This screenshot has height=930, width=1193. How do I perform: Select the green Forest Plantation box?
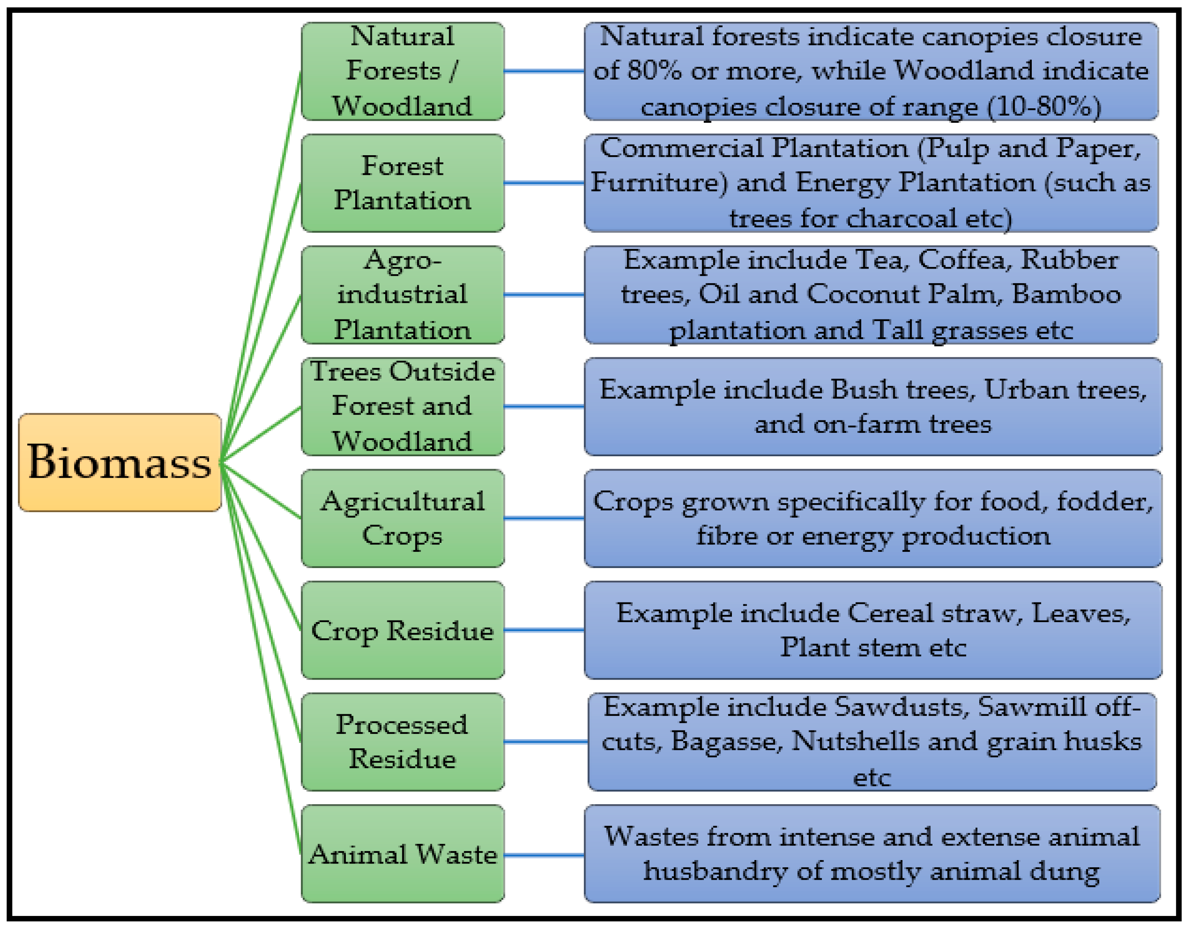[x=403, y=183]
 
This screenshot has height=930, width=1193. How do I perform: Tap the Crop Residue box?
[x=403, y=630]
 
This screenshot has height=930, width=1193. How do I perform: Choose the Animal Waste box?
[x=403, y=854]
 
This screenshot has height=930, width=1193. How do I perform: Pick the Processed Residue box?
[x=403, y=742]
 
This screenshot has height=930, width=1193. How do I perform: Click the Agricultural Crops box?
[x=403, y=518]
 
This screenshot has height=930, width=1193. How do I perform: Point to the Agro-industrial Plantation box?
[x=403, y=295]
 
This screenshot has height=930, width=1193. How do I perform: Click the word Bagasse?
[x=726, y=742]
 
